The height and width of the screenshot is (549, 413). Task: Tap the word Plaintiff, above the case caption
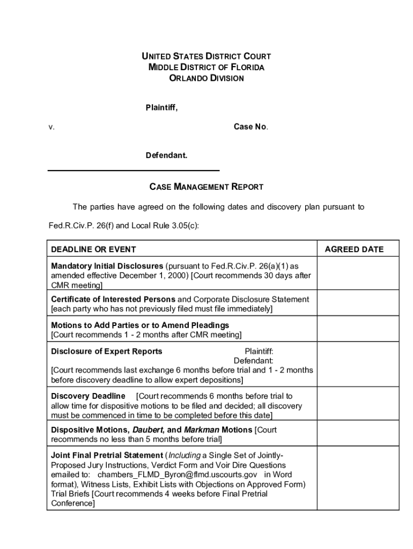pos(161,108)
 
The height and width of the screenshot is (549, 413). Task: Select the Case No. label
pos(250,127)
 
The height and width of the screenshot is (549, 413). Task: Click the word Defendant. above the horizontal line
pos(166,155)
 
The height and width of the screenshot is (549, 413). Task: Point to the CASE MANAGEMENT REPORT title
pos(206,187)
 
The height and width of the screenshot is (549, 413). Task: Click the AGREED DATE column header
pos(354,249)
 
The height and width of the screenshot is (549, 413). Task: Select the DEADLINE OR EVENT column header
pos(93,249)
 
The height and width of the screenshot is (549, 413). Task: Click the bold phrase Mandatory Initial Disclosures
pos(107,266)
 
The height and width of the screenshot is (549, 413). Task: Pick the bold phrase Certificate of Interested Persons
pos(113,299)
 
